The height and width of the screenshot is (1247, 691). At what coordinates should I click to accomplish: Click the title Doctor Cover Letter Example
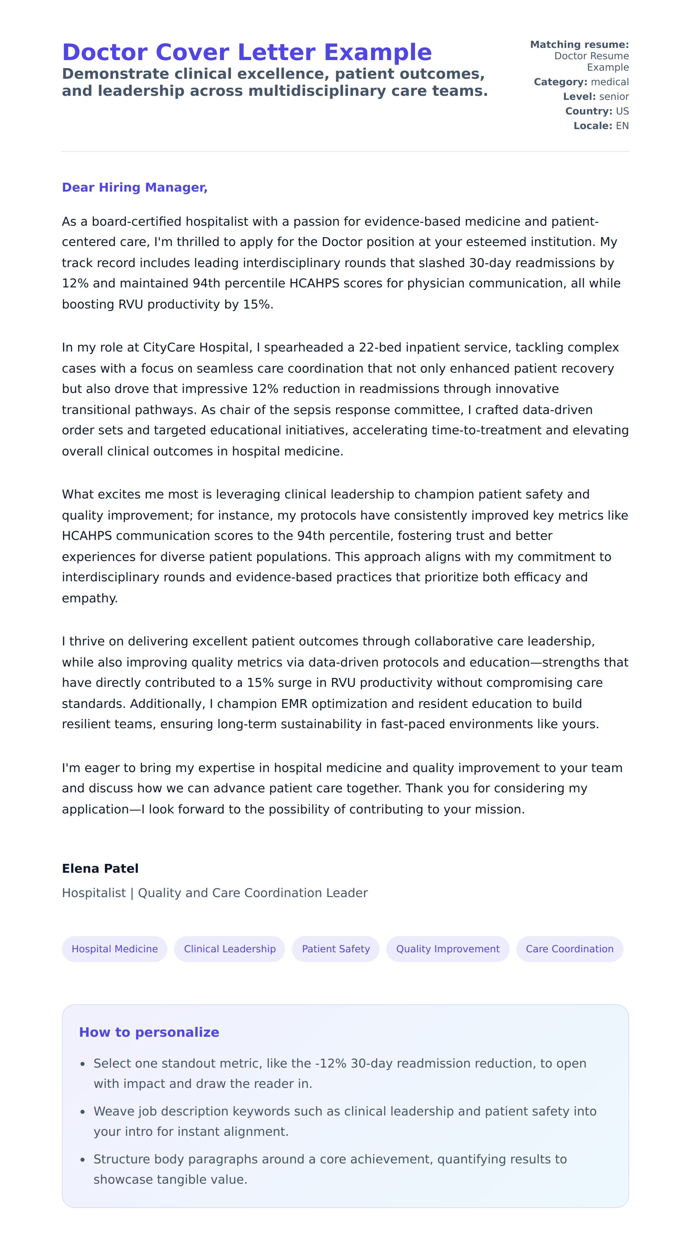coord(247,52)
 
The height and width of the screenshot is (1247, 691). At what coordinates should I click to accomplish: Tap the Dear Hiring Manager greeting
coord(135,188)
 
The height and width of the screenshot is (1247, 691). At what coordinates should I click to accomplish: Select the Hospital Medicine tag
coord(114,949)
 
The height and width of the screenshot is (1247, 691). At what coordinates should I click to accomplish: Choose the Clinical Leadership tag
coord(230,949)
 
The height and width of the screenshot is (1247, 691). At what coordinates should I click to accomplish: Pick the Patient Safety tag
coord(335,949)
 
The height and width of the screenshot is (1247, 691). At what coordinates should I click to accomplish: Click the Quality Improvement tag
coord(447,949)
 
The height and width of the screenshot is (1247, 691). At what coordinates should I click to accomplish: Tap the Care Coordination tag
coord(569,949)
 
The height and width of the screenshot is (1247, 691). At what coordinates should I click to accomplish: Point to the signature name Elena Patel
coord(100,868)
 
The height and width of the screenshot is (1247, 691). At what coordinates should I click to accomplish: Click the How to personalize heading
coord(149,1032)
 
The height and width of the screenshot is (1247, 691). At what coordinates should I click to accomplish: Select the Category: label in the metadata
coord(560,82)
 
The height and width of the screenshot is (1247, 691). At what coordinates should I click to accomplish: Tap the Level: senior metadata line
coord(595,96)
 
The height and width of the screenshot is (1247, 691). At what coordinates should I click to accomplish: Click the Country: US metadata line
coord(597,111)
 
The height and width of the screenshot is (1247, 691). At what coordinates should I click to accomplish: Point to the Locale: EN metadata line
coord(601,125)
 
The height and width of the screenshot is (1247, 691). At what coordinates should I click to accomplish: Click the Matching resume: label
coord(579,45)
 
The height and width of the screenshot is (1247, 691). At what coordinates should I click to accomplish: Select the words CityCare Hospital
coord(196,347)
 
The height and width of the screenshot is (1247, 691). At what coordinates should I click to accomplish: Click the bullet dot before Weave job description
coord(83,1112)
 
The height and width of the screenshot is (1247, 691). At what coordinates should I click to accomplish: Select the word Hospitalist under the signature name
coord(93,893)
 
